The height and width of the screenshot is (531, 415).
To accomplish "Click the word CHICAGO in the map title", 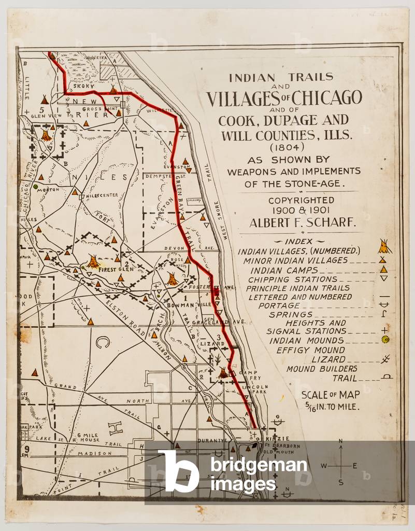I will [327, 97].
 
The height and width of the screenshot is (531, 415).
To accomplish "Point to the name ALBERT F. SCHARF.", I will [303, 222].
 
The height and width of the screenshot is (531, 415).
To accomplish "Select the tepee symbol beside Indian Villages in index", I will [384, 246].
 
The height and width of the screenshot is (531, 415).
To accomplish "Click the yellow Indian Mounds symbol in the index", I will [385, 340].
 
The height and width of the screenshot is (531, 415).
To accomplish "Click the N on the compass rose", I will [340, 441].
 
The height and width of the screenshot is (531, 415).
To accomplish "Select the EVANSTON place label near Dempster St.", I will [176, 166].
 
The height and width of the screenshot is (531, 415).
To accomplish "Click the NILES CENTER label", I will [102, 195].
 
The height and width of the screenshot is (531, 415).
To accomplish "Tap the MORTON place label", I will [47, 190].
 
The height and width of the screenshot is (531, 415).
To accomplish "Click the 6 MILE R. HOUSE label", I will [87, 438].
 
